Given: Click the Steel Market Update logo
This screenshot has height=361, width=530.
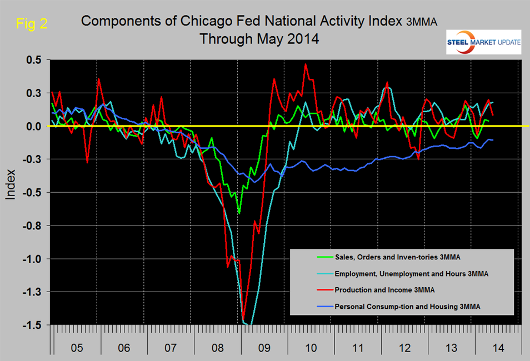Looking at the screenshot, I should [x=483, y=41].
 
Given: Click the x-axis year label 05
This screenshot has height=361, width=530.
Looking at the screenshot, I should [x=76, y=348].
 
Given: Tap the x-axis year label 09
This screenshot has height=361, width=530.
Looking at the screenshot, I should [x=264, y=348].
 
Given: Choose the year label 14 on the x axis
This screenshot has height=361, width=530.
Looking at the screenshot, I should [x=498, y=348].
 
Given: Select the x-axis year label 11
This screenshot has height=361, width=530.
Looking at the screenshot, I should [x=358, y=348].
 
